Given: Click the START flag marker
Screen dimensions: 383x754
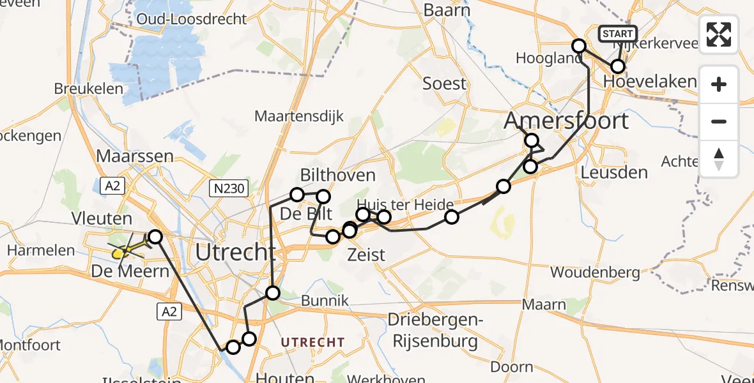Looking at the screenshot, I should click(617, 34).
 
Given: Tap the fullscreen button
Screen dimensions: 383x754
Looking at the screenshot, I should click(719, 34).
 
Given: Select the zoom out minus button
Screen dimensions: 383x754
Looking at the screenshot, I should click(719, 121).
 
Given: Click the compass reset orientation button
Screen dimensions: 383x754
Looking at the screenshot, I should click(719, 159).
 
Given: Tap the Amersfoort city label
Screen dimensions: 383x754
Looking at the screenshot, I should click(566, 120).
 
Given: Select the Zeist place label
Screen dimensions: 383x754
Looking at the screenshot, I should click(365, 255).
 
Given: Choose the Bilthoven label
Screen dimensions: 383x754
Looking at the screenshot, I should click(337, 175).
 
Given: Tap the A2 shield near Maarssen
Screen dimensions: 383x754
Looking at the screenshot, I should click(112, 186).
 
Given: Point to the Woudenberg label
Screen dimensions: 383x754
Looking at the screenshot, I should click(595, 273).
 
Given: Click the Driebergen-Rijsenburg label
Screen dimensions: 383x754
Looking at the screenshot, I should click(442, 330).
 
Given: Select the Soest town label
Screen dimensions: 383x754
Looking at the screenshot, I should click(445, 83).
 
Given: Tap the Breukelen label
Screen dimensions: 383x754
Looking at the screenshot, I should click(88, 88).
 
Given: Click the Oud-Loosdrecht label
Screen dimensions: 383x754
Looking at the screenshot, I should click(191, 19).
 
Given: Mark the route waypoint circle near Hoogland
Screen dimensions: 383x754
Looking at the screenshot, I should click(578, 46).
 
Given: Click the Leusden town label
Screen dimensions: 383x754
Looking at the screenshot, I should click(615, 172).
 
